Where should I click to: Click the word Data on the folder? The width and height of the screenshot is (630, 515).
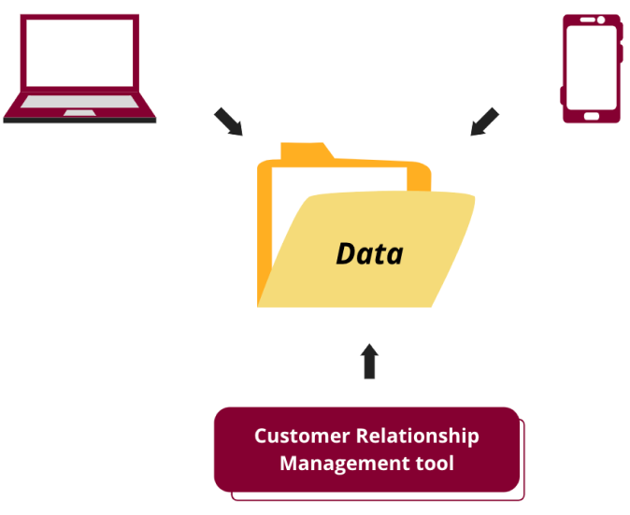pos(369,253)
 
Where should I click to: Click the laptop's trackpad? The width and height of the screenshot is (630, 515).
pos(79,113)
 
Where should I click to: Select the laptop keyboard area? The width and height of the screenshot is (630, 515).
pos(79,102)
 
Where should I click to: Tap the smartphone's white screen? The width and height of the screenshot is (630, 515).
pos(591,64)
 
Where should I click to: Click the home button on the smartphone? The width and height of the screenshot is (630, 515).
pos(591,117)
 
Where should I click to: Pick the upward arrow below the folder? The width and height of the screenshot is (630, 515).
pos(370,361)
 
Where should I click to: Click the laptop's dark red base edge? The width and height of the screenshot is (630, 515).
pos(79,120)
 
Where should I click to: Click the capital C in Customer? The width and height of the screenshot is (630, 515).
pos(261,436)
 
